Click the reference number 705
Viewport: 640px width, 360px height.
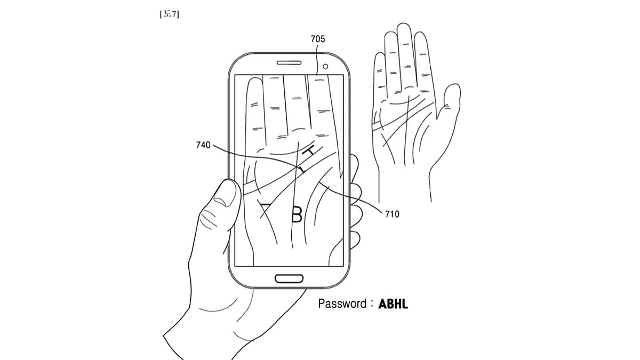(x=317, y=39)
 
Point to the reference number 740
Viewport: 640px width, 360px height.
(x=203, y=145)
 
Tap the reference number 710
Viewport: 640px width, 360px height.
(x=391, y=214)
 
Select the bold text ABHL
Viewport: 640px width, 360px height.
(x=393, y=304)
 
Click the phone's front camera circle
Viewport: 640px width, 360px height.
(x=326, y=67)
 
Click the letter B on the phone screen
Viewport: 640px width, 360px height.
(x=297, y=214)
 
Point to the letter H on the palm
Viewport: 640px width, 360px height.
(x=309, y=152)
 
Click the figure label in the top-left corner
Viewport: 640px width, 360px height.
(x=170, y=15)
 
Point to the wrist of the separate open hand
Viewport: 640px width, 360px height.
(x=404, y=181)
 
